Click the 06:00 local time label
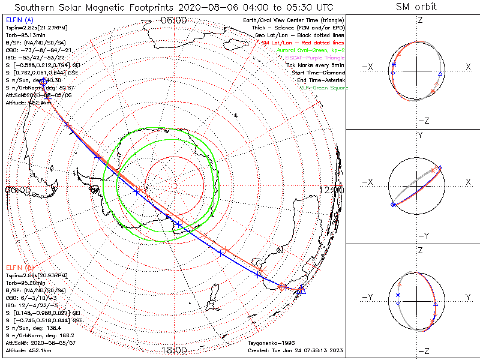click(x=173, y=20)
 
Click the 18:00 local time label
click(x=173, y=350)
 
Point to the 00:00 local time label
click(x=17, y=190)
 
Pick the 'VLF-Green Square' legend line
click(x=323, y=88)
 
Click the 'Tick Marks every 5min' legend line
click(x=316, y=65)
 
